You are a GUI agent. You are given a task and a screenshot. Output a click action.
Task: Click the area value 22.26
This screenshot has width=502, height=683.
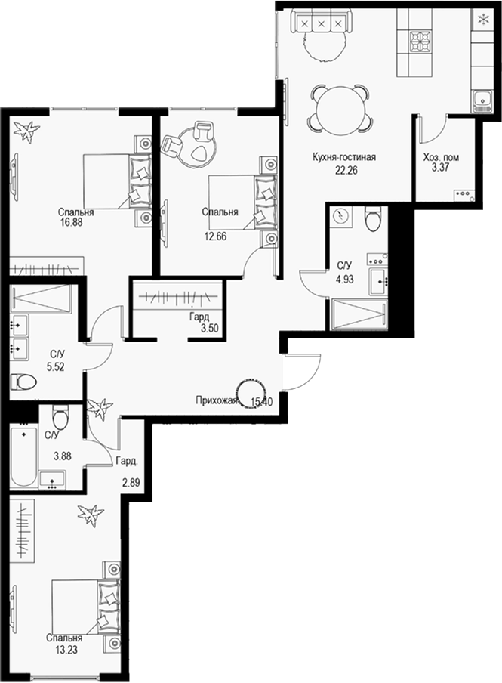tap(345, 170)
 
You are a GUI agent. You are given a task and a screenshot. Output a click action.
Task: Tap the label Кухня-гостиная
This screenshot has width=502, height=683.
tap(345, 158)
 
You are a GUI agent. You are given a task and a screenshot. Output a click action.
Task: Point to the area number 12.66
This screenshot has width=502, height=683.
tap(215, 236)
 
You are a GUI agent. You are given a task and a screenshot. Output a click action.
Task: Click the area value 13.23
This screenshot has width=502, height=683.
tap(63, 647)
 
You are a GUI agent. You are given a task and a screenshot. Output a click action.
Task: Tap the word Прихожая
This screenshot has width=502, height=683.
tap(215, 400)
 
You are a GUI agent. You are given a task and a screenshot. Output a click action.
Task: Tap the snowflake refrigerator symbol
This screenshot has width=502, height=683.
tap(482, 17)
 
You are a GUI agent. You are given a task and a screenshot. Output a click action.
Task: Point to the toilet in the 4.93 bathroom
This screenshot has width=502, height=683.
tap(371, 220)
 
